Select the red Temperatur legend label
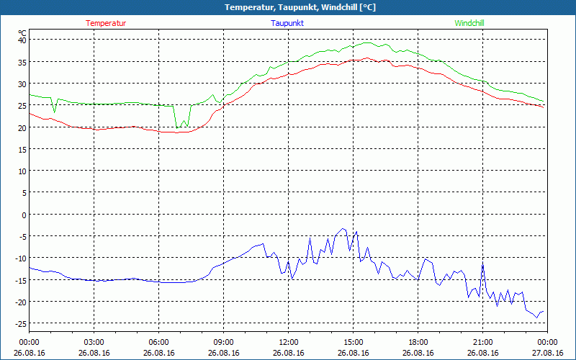(106, 23)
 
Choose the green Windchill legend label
(469, 23)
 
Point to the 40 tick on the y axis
(22, 40)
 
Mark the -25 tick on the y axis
(19, 323)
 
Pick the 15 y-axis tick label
(22, 149)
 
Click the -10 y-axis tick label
(19, 258)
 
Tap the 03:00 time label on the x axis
(94, 342)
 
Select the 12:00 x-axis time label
(288, 342)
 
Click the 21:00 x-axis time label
(482, 342)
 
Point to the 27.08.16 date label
(547, 353)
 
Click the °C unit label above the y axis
(22, 32)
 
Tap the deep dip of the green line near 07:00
(177, 127)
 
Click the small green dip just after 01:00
(54, 112)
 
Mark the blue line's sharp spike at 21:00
(482, 264)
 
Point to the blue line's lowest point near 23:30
(536, 317)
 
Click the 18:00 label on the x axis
(418, 342)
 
